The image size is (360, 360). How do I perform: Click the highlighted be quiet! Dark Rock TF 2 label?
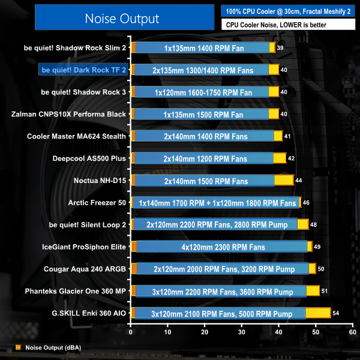click(83, 70)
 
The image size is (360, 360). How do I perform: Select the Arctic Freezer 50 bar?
click(216, 202)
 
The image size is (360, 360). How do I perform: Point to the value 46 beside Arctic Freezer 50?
click(306, 203)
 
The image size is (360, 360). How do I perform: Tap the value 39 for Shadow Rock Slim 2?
click(281, 47)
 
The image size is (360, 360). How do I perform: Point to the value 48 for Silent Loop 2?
click(314, 224)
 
